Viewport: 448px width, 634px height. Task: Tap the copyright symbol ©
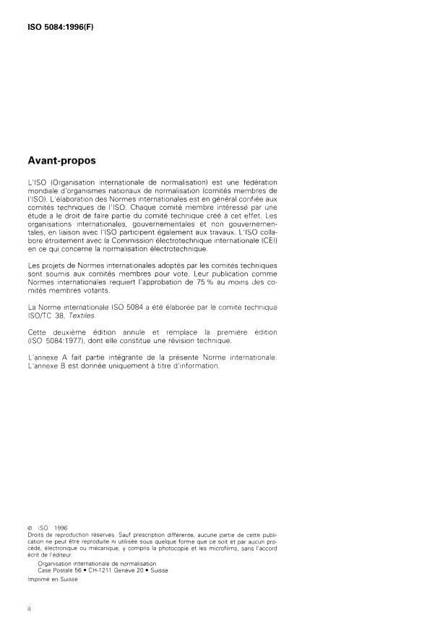tap(28, 529)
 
